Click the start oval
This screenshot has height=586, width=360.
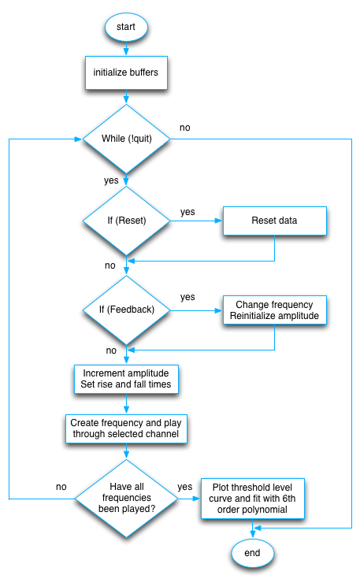point(126,27)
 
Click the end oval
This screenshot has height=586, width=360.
point(252,554)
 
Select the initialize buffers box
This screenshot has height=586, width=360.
point(126,73)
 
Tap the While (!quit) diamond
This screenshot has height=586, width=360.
point(126,139)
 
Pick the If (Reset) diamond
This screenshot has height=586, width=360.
point(126,221)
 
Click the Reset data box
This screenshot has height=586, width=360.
point(274,221)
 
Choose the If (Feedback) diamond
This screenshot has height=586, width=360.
point(126,310)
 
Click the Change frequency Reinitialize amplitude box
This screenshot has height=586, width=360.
point(274,310)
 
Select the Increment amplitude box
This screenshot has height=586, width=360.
point(126,378)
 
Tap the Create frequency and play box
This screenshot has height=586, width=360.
point(126,428)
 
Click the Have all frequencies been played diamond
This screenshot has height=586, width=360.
point(126,498)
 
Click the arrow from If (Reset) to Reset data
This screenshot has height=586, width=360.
point(196,221)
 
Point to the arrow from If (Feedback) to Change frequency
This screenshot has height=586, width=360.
point(196,310)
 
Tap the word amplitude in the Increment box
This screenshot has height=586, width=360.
point(154,372)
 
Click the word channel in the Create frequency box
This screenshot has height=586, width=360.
point(162,434)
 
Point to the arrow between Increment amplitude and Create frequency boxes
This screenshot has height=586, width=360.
point(126,403)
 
